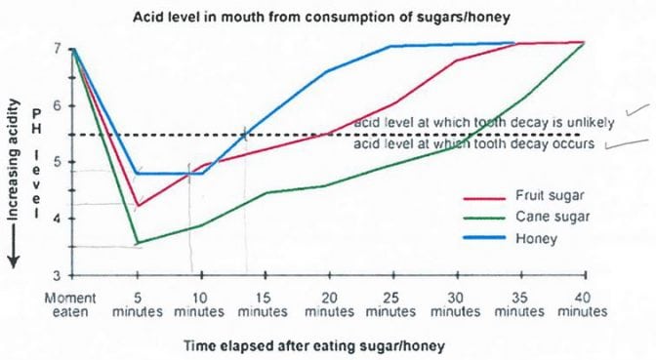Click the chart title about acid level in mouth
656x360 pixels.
point(326,17)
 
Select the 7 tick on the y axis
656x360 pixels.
point(59,48)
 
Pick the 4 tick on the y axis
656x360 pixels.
point(59,219)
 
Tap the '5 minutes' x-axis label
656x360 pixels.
point(137,303)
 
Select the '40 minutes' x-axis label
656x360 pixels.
point(584,303)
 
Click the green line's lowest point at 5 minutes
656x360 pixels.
point(138,242)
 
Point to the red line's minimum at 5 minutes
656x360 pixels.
point(138,206)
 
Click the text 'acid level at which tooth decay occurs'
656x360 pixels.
point(473,143)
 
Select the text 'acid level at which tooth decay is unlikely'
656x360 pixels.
point(483,123)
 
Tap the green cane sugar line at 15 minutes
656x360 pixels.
point(265,192)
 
